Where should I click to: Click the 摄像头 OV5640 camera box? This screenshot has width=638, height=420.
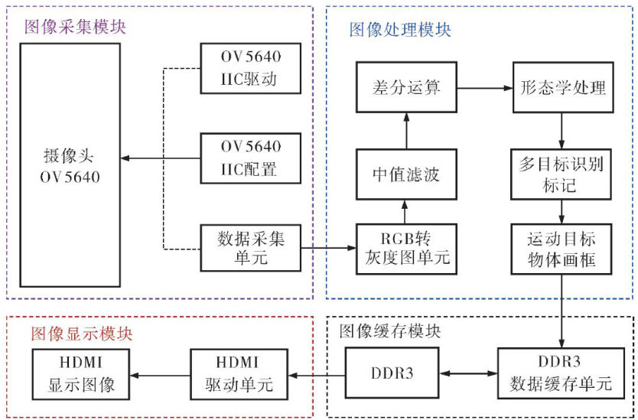(x=70, y=168)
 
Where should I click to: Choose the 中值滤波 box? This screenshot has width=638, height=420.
(x=406, y=175)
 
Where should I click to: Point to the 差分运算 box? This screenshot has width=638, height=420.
(x=406, y=88)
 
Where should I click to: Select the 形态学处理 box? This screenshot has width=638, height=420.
(x=562, y=88)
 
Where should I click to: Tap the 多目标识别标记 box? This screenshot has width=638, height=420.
(x=562, y=174)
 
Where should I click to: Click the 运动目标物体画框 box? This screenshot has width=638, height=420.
(x=562, y=249)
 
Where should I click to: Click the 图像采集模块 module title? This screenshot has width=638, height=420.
(x=74, y=26)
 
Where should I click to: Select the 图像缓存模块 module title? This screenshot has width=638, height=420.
(x=389, y=331)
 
